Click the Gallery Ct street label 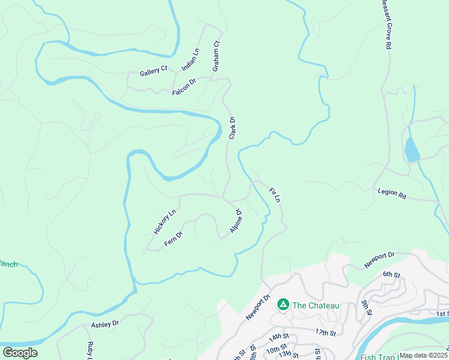click(153, 72)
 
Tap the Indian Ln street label click(190, 59)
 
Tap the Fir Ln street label click(275, 194)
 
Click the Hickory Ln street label click(164, 221)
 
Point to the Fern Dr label click(173, 238)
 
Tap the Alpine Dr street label click(235, 221)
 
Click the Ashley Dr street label click(105, 323)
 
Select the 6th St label click(391, 274)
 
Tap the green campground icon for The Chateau click(283, 305)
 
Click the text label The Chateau click(316, 305)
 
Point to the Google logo click(20, 353)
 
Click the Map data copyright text click(423, 355)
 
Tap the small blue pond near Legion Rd click(412, 150)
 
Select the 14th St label click(279, 337)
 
